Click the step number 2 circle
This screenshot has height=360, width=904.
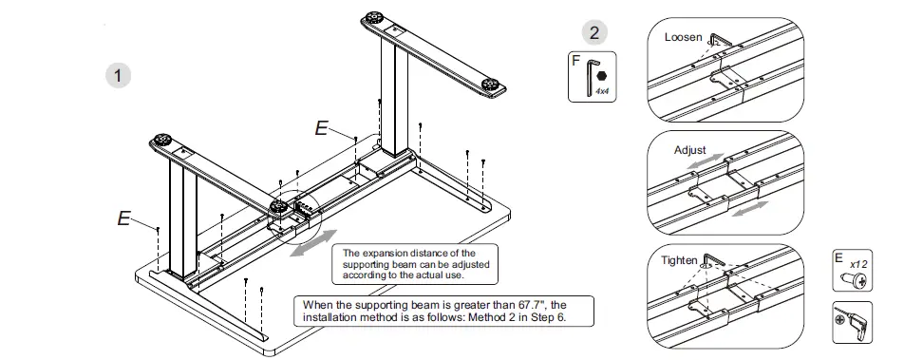click(x=594, y=33)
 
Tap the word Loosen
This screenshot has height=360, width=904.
click(x=683, y=38)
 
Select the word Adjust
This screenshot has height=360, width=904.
click(x=690, y=150)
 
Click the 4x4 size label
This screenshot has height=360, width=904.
click(x=602, y=90)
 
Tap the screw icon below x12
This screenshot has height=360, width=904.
click(x=852, y=280)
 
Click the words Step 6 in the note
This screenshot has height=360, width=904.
click(x=544, y=316)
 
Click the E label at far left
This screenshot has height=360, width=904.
click(x=122, y=218)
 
